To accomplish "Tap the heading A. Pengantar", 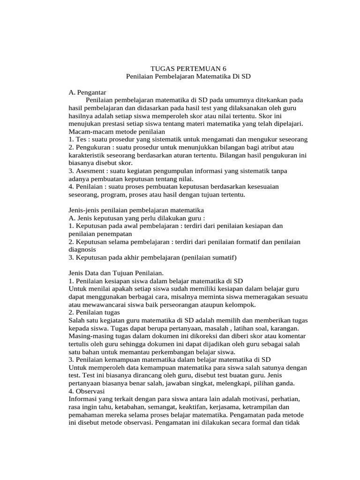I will pyautogui.click(x=88, y=92).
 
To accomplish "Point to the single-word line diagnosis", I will pyautogui.click(x=82, y=249).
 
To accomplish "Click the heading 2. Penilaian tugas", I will pyautogui.click(x=94, y=312).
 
